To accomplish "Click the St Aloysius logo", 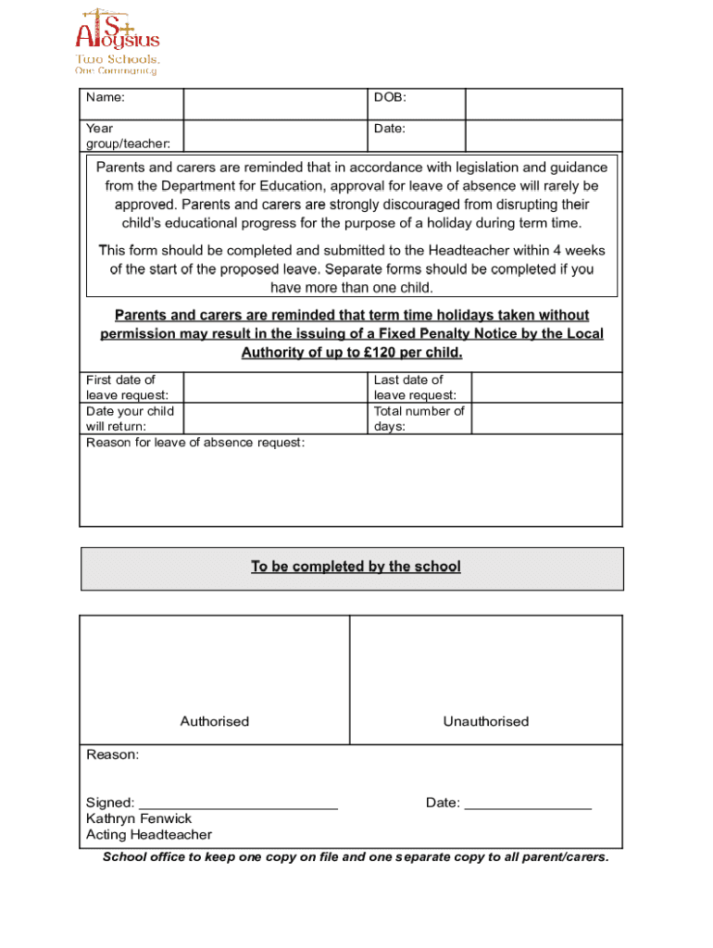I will [117, 41].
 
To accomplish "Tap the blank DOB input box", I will [543, 104].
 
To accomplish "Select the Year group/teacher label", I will [121, 136].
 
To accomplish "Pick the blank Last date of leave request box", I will [546, 388].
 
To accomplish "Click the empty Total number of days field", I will [546, 418].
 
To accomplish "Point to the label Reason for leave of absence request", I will [195, 443].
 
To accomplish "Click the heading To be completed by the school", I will [356, 567].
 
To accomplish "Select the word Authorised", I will [214, 721].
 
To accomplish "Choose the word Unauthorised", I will [485, 721].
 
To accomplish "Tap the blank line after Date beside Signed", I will [527, 804].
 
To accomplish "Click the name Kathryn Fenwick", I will [139, 818].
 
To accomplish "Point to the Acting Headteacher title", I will [149, 835].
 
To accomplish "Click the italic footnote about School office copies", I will [356, 857].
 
